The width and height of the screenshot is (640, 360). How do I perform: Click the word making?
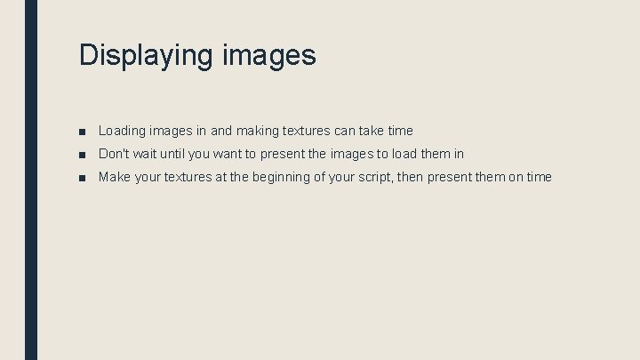(x=257, y=131)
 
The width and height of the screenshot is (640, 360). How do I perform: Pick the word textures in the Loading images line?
(x=306, y=131)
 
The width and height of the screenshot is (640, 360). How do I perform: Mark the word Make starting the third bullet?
(x=114, y=177)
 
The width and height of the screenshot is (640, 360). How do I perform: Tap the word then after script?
(x=410, y=177)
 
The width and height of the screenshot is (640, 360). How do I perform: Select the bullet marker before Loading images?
(x=82, y=132)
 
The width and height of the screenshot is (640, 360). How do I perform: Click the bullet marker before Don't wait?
(x=82, y=155)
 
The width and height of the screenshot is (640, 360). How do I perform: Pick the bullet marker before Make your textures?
(x=82, y=178)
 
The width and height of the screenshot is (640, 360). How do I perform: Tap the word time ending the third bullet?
(x=539, y=177)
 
